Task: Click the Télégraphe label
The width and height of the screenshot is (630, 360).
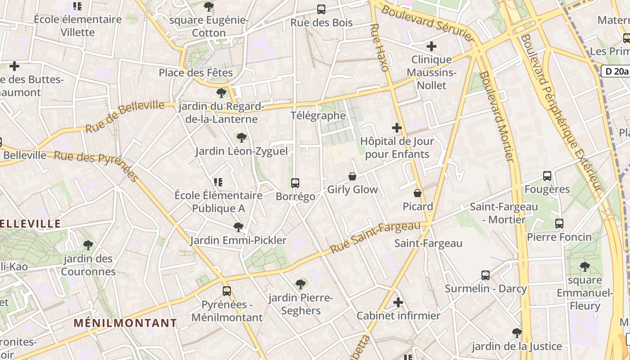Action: coord(318,116)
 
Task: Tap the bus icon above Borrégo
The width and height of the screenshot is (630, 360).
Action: coord(295,183)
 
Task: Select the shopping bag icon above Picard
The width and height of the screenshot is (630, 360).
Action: coord(418,193)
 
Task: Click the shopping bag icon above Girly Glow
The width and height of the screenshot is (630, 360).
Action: coord(352,176)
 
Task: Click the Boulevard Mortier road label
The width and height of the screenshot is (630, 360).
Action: coord(497,116)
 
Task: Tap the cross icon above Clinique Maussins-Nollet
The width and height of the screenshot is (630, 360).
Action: coord(432,46)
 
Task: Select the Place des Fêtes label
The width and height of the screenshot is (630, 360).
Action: coord(196,72)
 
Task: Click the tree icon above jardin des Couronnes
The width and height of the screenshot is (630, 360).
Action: coord(88,245)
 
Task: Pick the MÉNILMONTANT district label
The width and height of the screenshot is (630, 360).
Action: coord(126,323)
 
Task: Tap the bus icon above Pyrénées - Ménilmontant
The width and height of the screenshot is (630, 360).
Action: coord(227,291)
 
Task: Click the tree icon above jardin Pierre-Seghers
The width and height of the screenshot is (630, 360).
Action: coord(301,284)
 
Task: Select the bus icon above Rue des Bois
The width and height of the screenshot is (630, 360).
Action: coord(321,9)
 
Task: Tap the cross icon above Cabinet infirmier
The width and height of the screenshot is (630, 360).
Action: coord(398,302)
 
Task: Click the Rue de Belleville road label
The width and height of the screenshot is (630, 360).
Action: coord(125,117)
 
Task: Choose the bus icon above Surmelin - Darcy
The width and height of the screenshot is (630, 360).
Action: coord(486,275)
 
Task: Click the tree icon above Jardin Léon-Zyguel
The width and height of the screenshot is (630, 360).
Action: coord(242,138)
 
